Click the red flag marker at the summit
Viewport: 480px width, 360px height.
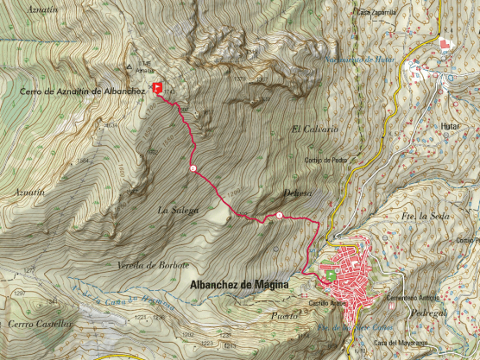[x=157, y=87]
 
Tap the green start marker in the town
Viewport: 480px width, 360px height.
[x=331, y=275]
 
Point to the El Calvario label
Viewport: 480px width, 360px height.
[x=315, y=129]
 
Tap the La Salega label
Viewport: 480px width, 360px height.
[x=178, y=210]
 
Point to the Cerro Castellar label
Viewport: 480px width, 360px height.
[x=39, y=323]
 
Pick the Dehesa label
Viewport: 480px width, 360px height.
[x=295, y=193]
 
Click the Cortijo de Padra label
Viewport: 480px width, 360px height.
[x=325, y=160]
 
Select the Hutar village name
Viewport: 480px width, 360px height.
[x=467, y=126]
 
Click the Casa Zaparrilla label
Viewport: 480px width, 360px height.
[x=376, y=12]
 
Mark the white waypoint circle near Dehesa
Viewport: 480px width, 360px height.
[x=280, y=215]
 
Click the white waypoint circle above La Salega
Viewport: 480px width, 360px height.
[x=192, y=167]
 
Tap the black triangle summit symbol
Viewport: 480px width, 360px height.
[x=129, y=65]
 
